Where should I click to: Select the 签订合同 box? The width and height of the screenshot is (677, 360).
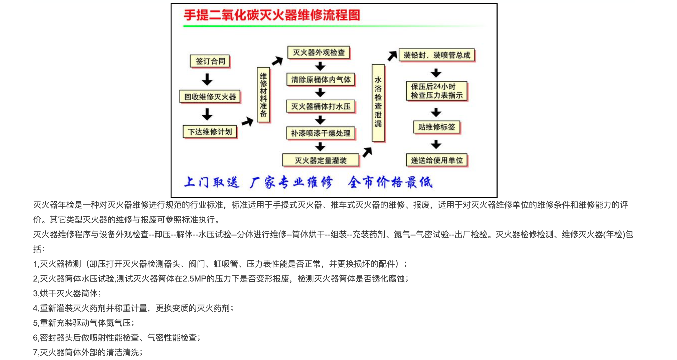[210, 61]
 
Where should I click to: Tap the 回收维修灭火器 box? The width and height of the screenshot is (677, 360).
[210, 97]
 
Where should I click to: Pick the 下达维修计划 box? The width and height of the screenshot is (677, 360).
[210, 132]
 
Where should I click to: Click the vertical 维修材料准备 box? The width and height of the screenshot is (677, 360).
[264, 95]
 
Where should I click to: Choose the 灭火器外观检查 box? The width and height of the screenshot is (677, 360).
[319, 53]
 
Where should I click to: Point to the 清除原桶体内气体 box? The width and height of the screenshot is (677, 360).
[321, 80]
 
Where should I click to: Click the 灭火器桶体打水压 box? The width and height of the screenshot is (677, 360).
[321, 107]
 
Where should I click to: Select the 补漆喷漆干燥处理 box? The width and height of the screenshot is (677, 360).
[321, 133]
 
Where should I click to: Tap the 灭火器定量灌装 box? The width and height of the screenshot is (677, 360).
[321, 161]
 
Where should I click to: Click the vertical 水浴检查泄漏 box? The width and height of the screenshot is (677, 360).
[378, 103]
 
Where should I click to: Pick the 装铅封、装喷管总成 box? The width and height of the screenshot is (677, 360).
[437, 55]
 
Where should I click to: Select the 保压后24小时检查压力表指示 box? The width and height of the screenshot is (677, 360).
[437, 91]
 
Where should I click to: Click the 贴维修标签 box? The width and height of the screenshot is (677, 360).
[437, 127]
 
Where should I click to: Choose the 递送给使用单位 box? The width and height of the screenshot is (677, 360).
[437, 161]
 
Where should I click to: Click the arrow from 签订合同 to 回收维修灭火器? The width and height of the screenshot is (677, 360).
[207, 79]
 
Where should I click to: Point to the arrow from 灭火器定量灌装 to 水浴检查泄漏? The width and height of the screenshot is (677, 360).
[367, 152]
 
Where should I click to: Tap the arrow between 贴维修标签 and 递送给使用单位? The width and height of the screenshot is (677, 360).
[436, 144]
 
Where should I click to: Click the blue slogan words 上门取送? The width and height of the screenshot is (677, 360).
[211, 182]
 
